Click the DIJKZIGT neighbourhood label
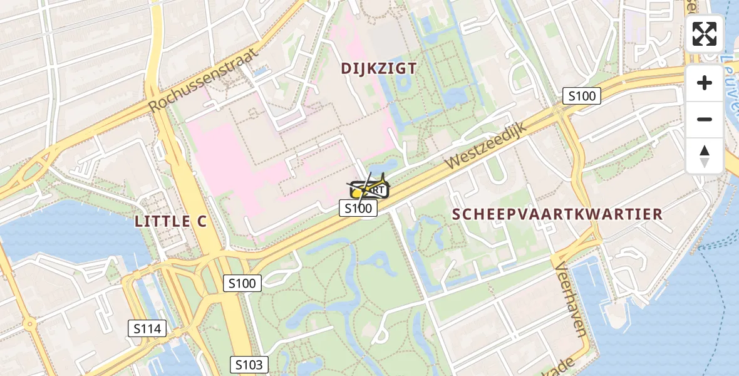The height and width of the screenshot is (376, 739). coord(378,68)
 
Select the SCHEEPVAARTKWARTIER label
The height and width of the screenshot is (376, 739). coord(557,214)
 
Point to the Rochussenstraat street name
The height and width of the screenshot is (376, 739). coord(204,81)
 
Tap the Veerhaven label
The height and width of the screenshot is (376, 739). coord(571,298)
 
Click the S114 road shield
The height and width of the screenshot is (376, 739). coord(147,328)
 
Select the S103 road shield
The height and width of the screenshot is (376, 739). coord(249,365)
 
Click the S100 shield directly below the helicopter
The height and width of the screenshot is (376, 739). coord(358,208)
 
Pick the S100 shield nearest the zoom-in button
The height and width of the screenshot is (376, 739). coord(582,96)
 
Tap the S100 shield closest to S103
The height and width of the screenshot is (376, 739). coord(242,283)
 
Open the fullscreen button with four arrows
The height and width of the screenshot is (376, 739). coord(705,34)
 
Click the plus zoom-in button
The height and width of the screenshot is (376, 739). coord(705,83)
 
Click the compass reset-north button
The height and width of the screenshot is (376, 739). coord(705,155)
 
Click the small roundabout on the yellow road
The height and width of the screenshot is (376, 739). coord(30,324)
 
